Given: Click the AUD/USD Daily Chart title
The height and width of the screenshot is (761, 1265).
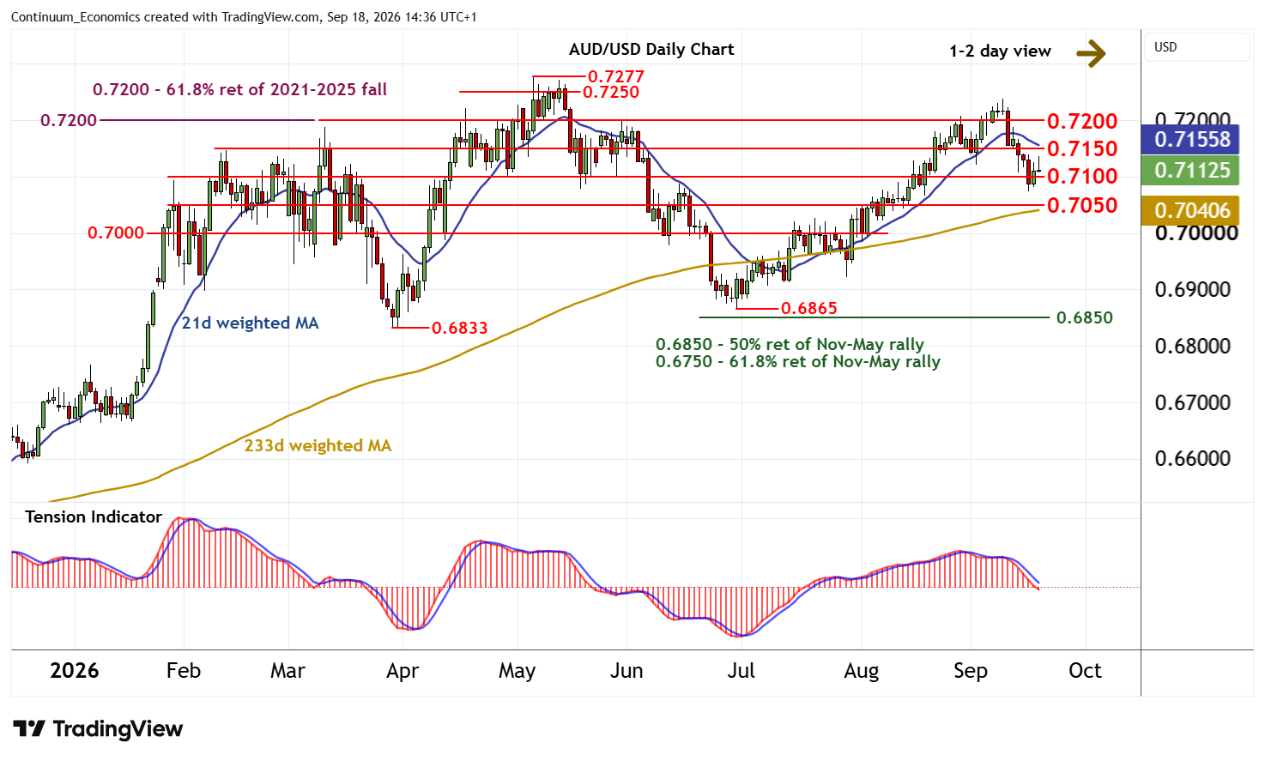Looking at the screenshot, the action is pos(651,50).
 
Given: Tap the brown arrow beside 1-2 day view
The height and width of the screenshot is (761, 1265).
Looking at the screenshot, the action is pos(1091,54).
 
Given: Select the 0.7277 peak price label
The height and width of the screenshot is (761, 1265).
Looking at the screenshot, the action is pos(616,76).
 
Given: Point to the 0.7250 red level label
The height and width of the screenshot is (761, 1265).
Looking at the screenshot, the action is pos(611,92).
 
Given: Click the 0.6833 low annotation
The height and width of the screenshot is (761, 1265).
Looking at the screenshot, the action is pos(459,328).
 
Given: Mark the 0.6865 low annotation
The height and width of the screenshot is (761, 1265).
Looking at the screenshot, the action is pos(808,308).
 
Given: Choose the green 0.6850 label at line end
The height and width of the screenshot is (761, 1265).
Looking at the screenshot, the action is pos(1084,317).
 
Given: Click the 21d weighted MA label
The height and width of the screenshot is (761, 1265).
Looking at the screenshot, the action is pos(251,323).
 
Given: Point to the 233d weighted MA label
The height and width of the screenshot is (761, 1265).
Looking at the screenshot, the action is pos(318,446).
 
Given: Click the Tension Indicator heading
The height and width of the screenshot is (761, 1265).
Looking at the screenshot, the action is pos(94,517).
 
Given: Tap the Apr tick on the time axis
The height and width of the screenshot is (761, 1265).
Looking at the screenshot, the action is pos(402,671).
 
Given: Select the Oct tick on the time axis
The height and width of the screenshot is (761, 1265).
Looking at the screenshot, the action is pos(1085,671).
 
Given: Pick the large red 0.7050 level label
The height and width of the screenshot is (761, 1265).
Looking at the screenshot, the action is pos(1082,206).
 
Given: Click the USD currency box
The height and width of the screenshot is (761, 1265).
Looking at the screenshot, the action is pos(1197,47).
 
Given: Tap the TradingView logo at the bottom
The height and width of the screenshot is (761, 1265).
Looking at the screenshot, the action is pos(98,728).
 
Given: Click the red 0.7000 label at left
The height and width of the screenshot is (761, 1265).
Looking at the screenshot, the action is pos(116,233).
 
